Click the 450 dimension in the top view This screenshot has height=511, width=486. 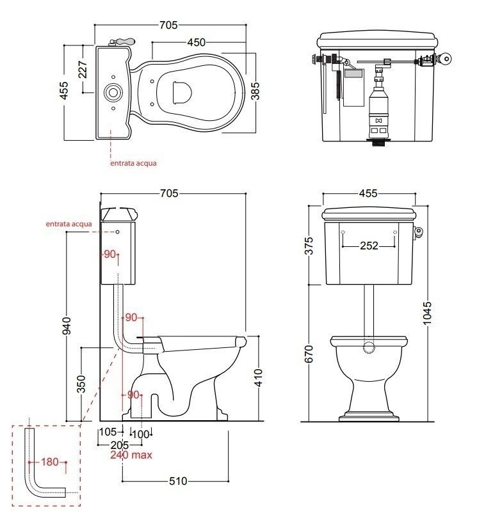pos(197,42)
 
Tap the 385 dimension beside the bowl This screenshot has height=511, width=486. pos(255,91)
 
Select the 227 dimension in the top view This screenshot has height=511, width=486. pos(83,70)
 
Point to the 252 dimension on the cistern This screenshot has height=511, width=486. pos(369,246)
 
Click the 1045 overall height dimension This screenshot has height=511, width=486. pos(427,313)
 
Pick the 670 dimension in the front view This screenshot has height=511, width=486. pos(308,354)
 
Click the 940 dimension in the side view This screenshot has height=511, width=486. pos(67,326)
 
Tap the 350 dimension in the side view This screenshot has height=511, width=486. pos(81,384)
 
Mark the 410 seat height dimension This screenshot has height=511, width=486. pos(258,378)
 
